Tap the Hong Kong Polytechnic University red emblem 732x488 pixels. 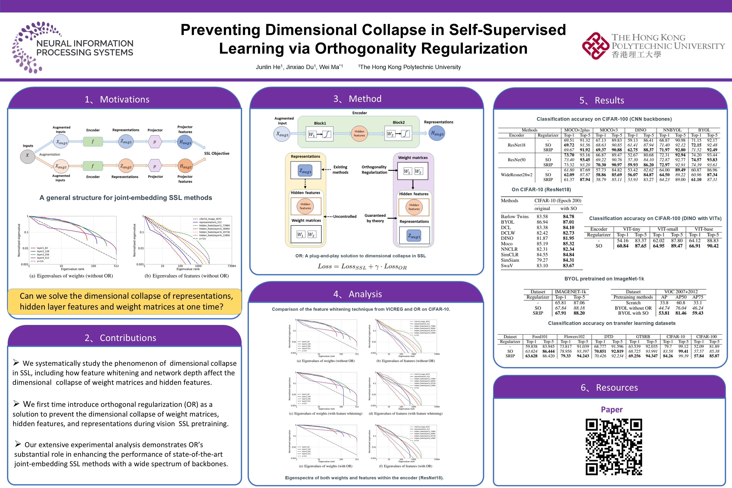click(595, 46)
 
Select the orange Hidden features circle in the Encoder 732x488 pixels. click(359, 133)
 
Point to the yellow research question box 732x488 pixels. click(125, 301)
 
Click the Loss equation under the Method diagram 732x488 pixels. click(362, 267)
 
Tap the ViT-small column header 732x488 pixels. click(668, 229)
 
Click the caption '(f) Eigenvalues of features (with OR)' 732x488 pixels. click(406, 466)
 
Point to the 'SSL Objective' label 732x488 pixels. click(217, 153)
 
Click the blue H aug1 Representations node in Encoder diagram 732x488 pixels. click(437, 133)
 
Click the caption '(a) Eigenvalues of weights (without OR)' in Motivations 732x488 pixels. click(71, 276)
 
